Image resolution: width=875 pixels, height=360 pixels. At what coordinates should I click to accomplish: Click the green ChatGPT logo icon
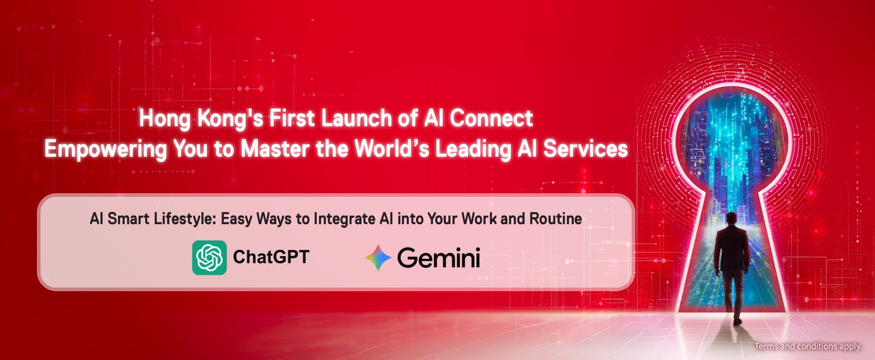point(209,257)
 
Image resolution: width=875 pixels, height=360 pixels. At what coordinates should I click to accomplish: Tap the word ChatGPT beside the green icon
point(271,257)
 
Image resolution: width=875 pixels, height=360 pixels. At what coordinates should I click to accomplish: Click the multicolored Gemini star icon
point(378,257)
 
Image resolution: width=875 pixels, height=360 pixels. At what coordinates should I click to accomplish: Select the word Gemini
point(439,258)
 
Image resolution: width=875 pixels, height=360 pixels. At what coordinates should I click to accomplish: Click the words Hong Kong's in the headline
point(201,119)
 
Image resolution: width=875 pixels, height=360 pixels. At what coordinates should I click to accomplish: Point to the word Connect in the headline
point(491,118)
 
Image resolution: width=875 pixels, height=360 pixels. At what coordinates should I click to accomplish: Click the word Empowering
point(106,149)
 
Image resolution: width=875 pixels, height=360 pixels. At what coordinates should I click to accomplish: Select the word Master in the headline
point(275,149)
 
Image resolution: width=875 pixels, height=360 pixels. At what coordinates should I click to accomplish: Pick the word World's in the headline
point(392,149)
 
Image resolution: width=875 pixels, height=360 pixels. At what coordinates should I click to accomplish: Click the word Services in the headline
point(586,149)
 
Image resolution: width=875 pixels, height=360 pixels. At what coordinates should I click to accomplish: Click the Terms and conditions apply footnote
point(808,346)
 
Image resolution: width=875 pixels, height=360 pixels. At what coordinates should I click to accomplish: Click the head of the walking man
point(731,218)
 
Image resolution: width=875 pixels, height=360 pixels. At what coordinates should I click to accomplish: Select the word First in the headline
point(292,118)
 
